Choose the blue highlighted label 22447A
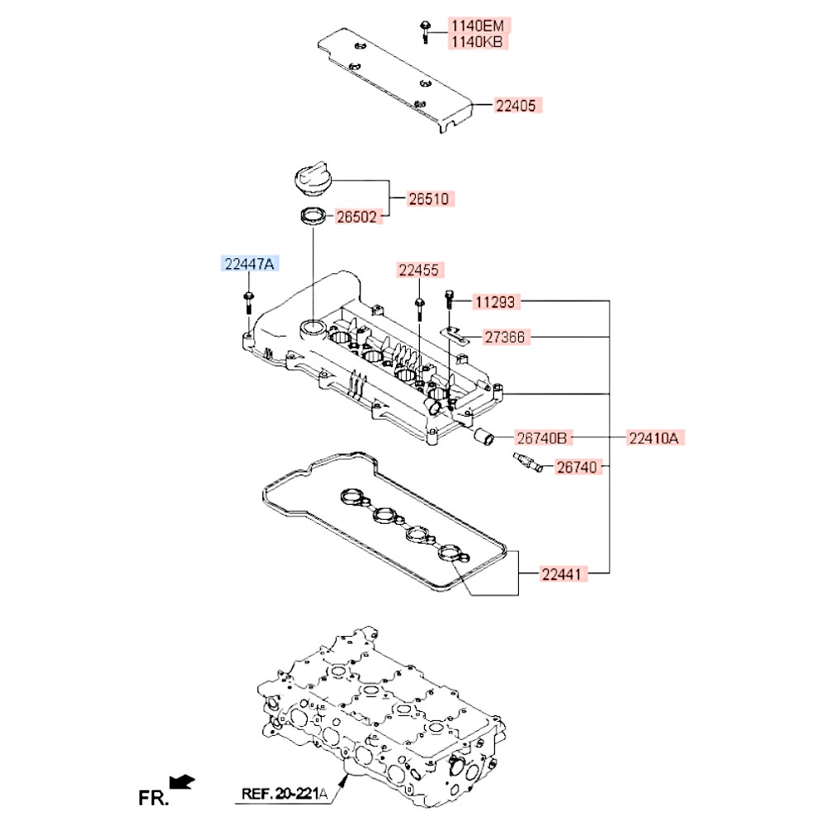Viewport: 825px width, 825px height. point(248,264)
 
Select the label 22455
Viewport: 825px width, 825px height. point(420,270)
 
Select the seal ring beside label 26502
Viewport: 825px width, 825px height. point(311,217)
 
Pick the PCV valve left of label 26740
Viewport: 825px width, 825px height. point(526,464)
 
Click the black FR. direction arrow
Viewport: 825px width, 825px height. point(181,780)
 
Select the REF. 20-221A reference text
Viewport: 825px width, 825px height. point(284,795)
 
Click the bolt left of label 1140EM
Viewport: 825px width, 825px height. point(423,30)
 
